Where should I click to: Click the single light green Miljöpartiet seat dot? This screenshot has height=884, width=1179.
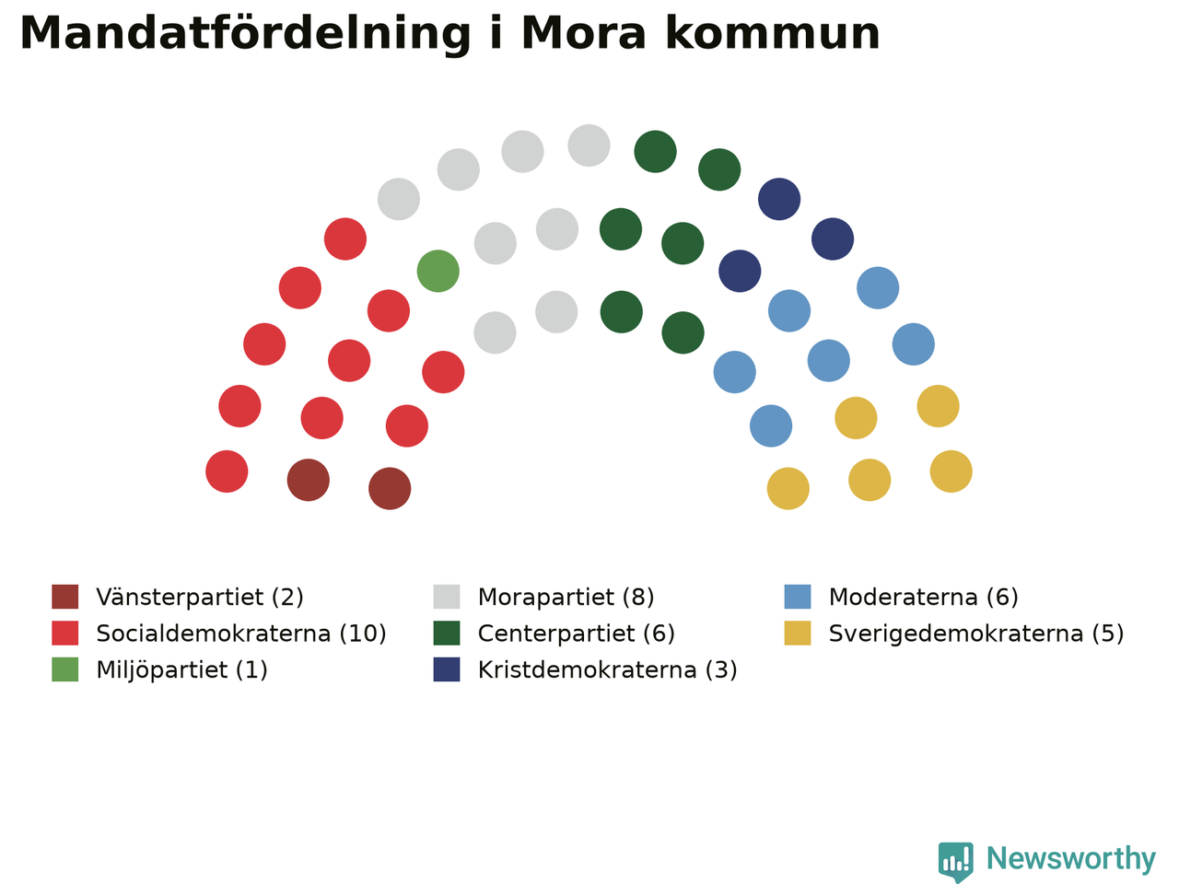click(438, 271)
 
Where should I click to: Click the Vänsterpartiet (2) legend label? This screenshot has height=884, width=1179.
click(200, 597)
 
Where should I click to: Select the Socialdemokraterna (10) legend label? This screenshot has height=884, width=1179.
click(241, 634)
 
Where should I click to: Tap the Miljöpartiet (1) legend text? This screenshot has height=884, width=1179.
click(181, 669)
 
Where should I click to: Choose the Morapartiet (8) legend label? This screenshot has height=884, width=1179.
click(566, 597)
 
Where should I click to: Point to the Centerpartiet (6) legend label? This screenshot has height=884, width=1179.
click(577, 634)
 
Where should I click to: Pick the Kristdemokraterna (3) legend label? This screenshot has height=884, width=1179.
click(608, 669)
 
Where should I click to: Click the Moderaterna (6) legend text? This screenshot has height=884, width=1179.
click(923, 597)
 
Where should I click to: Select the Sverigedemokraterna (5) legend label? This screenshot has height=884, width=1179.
click(976, 634)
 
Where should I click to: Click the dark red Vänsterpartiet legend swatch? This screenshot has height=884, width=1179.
click(65, 597)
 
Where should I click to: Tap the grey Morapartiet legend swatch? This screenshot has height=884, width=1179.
click(447, 597)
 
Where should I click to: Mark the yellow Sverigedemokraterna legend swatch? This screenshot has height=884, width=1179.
click(798, 634)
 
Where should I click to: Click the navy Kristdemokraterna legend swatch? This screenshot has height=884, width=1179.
click(447, 669)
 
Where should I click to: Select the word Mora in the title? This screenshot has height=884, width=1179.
click(583, 33)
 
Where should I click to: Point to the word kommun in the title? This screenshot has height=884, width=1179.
click(773, 33)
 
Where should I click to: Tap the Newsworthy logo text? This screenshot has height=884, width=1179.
click(1071, 858)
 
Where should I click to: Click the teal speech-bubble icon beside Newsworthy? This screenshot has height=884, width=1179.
click(955, 862)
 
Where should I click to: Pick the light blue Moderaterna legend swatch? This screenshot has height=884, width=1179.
click(798, 597)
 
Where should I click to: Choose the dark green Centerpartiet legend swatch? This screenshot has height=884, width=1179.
click(447, 634)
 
